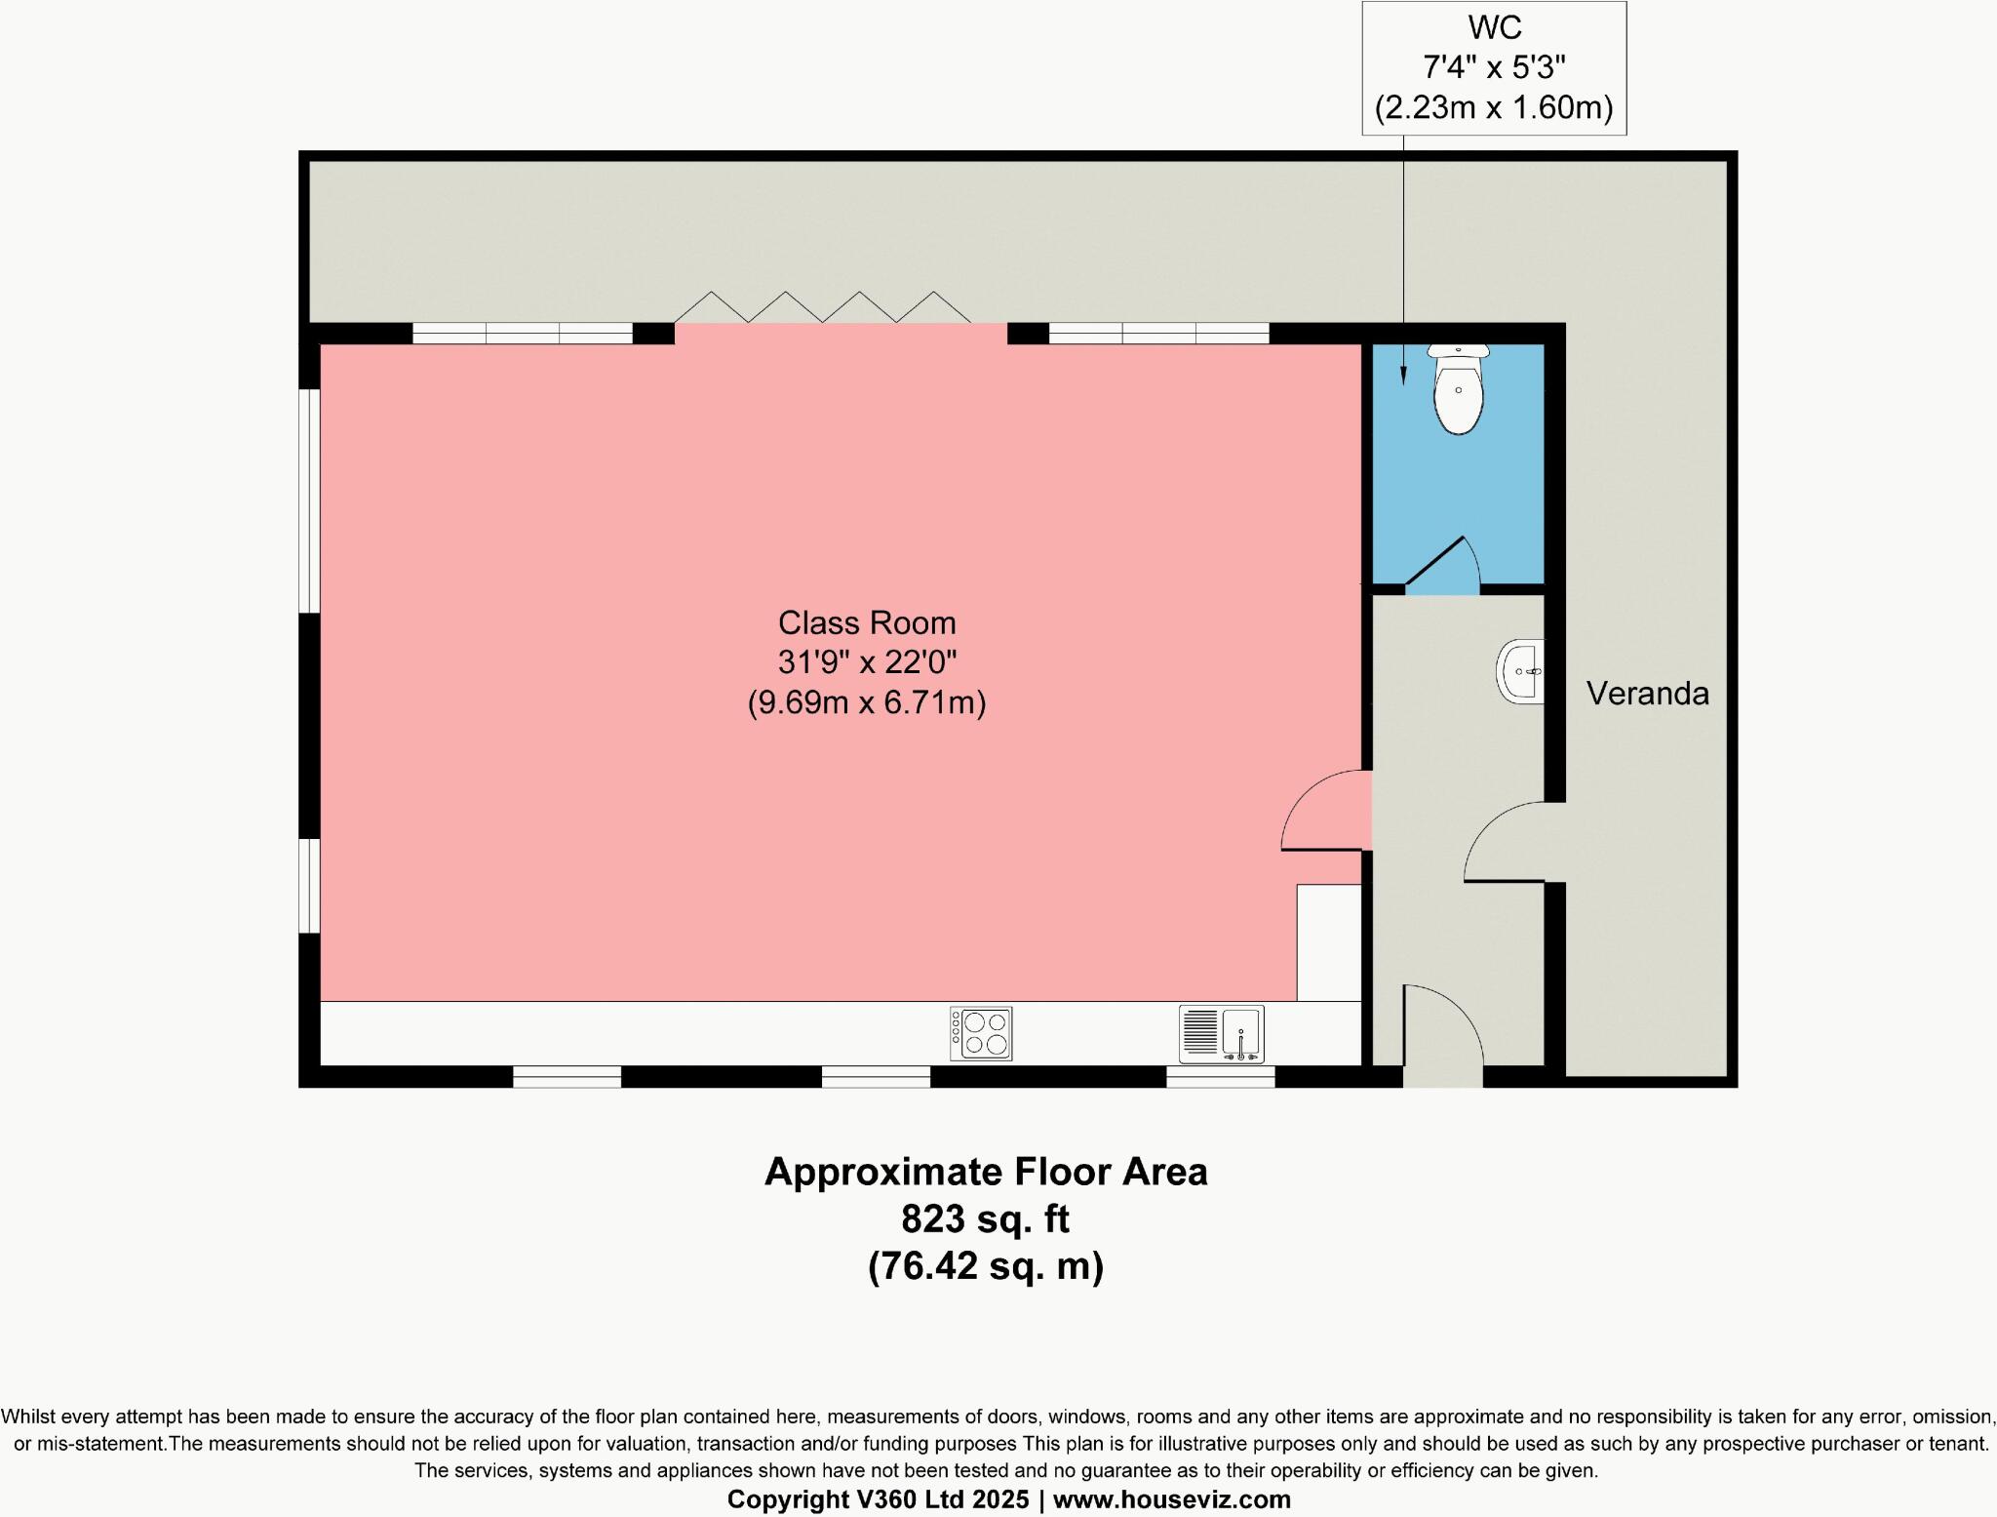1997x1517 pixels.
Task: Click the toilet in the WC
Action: [x=1458, y=392]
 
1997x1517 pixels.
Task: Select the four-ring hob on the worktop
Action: [x=981, y=1033]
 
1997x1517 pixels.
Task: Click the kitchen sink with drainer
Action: [x=1221, y=1034]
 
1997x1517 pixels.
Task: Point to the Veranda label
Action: [x=1647, y=694]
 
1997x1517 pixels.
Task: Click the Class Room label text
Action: [x=866, y=622]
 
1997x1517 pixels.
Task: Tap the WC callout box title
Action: [x=1494, y=27]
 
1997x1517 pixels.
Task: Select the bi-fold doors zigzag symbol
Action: [x=822, y=306]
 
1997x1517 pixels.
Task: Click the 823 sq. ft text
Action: [x=985, y=1218]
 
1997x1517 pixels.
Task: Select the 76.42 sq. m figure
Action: [x=985, y=1266]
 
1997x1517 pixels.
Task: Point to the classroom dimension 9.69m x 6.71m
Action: [x=866, y=702]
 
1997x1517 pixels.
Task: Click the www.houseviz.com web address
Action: [x=1171, y=1499]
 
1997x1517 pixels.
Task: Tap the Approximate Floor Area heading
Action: [x=985, y=1172]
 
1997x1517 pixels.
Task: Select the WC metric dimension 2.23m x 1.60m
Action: [x=1494, y=107]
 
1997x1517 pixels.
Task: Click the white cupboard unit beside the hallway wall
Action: [x=1328, y=941]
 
